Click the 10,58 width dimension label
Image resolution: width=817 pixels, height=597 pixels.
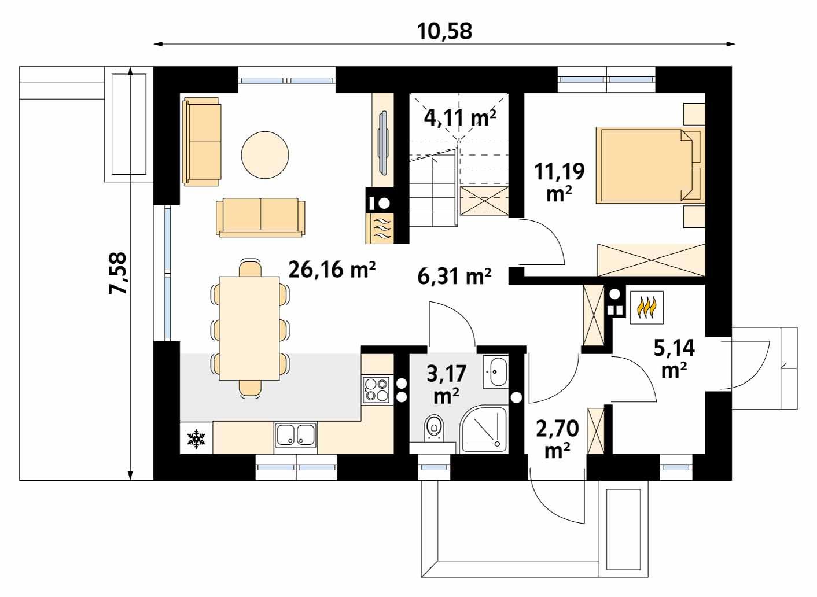pyautogui.click(x=444, y=31)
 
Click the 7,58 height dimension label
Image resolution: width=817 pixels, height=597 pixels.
pyautogui.click(x=118, y=273)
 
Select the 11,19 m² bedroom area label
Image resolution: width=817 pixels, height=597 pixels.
pyautogui.click(x=559, y=182)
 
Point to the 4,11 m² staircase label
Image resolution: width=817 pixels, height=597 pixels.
pyautogui.click(x=460, y=117)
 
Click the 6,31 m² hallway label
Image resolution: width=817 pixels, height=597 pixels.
pyautogui.click(x=454, y=276)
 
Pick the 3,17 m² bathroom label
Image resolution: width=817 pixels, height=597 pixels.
pyautogui.click(x=447, y=384)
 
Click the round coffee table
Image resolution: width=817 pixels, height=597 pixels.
pyautogui.click(x=265, y=155)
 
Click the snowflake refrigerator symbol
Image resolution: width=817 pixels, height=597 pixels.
pyautogui.click(x=196, y=438)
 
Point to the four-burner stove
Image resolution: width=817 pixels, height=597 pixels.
pyautogui.click(x=376, y=390)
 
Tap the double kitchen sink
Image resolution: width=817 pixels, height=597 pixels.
pyautogui.click(x=296, y=435)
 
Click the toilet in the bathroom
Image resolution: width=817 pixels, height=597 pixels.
pyautogui.click(x=434, y=430)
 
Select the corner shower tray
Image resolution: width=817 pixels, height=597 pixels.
pyautogui.click(x=484, y=430)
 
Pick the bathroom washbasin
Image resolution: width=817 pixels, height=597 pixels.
pyautogui.click(x=496, y=372)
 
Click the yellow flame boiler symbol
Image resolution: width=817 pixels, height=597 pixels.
pyautogui.click(x=647, y=307)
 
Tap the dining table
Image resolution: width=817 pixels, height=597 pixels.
pyautogui.click(x=249, y=328)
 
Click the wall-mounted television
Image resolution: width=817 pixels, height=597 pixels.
pyautogui.click(x=384, y=143)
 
